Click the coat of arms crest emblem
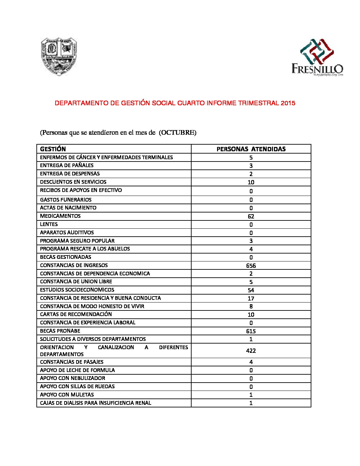(59, 56)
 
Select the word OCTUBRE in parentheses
(178, 132)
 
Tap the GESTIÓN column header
(53, 149)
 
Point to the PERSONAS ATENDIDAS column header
(251, 149)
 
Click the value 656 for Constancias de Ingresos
(251, 265)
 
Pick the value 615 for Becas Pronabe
(251, 331)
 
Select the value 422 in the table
(251, 351)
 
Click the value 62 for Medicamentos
(251, 216)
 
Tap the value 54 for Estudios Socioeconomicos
(251, 290)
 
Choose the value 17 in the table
(251, 298)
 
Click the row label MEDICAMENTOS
(60, 216)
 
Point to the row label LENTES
(49, 224)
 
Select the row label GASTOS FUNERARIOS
(66, 200)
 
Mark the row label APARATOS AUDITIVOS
(67, 233)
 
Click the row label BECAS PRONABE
(60, 331)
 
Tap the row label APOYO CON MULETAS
(67, 395)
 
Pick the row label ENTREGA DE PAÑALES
(67, 165)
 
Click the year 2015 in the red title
(288, 103)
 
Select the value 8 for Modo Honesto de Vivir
(251, 306)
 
